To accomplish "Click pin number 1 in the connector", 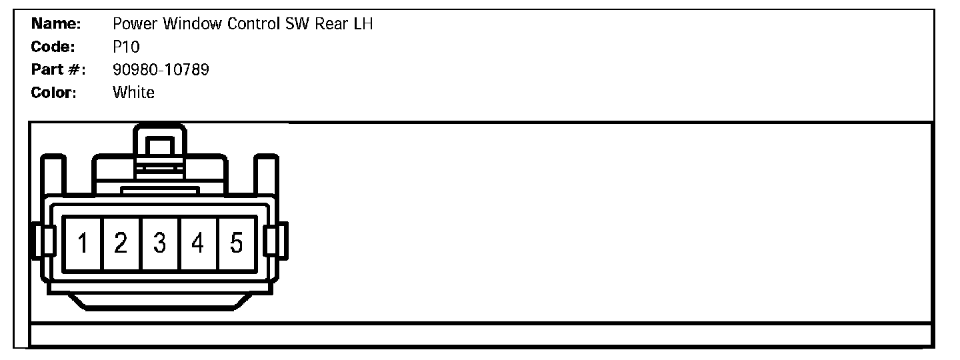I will pyautogui.click(x=83, y=243).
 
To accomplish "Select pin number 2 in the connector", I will pyautogui.click(x=121, y=243).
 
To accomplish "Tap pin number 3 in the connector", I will pyautogui.click(x=159, y=243).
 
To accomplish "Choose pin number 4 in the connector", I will pyautogui.click(x=197, y=243).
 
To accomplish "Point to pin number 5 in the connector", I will pyautogui.click(x=236, y=243).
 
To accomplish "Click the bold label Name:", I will pyautogui.click(x=57, y=25).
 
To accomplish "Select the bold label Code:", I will pyautogui.click(x=54, y=47).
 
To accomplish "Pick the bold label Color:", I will pyautogui.click(x=54, y=93).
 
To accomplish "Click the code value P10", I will pyautogui.click(x=126, y=47).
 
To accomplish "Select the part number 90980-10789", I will pyautogui.click(x=161, y=70).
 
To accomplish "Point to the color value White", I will pyautogui.click(x=133, y=93).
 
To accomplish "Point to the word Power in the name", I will pyautogui.click(x=135, y=25).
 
